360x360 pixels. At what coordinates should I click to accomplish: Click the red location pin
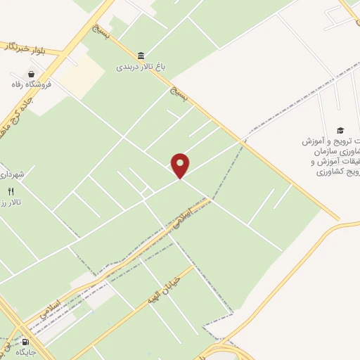[x=181, y=166]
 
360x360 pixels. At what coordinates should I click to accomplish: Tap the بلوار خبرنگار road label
[x=24, y=47]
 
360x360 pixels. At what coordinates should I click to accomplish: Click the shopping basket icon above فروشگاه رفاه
[x=31, y=73]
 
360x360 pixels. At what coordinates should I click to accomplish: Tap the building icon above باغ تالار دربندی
[x=142, y=56]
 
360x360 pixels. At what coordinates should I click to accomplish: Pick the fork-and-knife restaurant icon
[x=10, y=191]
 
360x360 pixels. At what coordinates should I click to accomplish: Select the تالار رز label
[x=12, y=202]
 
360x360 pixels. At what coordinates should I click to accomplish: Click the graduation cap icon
[x=340, y=130]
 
